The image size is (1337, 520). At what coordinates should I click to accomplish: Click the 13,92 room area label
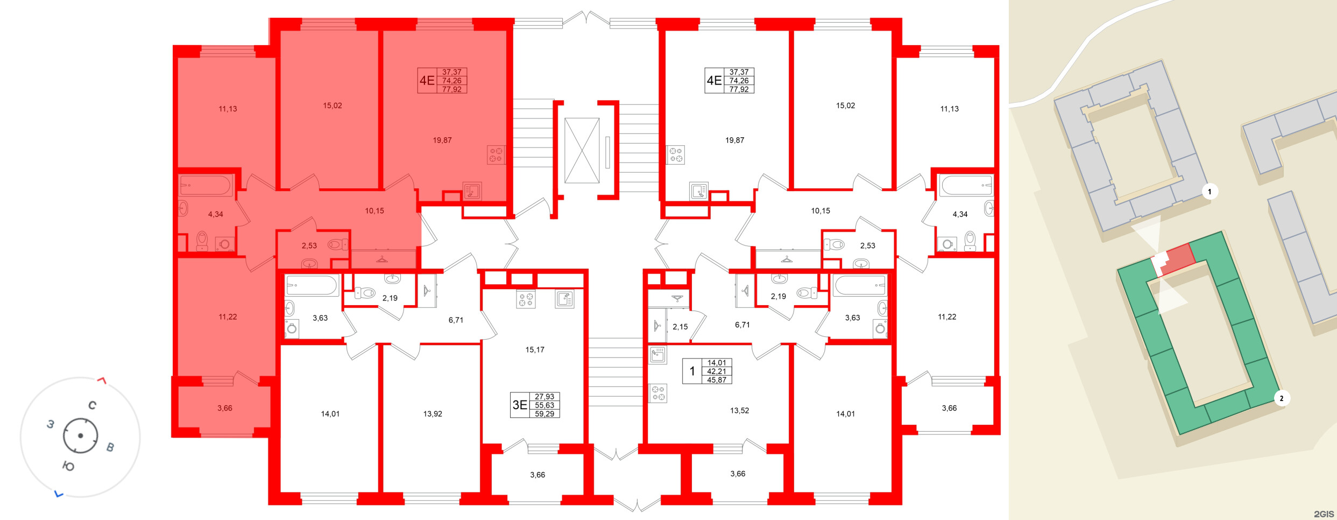433,414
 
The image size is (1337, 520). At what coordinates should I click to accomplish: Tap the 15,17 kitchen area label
535,350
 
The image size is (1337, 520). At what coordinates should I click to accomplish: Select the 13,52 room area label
739,411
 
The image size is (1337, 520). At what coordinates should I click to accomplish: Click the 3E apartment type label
520,405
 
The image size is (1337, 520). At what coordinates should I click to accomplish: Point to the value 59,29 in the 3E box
544,414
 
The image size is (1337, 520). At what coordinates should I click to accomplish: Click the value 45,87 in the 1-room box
717,380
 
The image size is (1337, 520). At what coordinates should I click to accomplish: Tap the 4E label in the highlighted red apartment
427,81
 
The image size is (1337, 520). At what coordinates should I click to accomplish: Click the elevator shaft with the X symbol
582,151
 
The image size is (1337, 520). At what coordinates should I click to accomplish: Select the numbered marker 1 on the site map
1210,192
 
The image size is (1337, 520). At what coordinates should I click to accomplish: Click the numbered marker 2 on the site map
1282,398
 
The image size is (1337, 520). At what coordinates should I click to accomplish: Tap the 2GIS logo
1324,514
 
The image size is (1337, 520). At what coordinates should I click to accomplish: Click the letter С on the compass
93,405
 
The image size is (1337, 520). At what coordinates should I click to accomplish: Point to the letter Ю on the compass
68,466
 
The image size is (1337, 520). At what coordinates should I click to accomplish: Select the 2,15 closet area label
680,327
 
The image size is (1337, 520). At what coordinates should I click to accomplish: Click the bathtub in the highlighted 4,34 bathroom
206,186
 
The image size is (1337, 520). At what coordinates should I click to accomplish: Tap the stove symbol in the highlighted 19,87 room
496,155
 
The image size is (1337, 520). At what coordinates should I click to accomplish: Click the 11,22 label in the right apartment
947,317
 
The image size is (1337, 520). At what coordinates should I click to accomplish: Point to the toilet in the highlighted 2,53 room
337,245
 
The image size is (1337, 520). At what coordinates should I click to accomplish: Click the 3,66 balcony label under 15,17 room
537,475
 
